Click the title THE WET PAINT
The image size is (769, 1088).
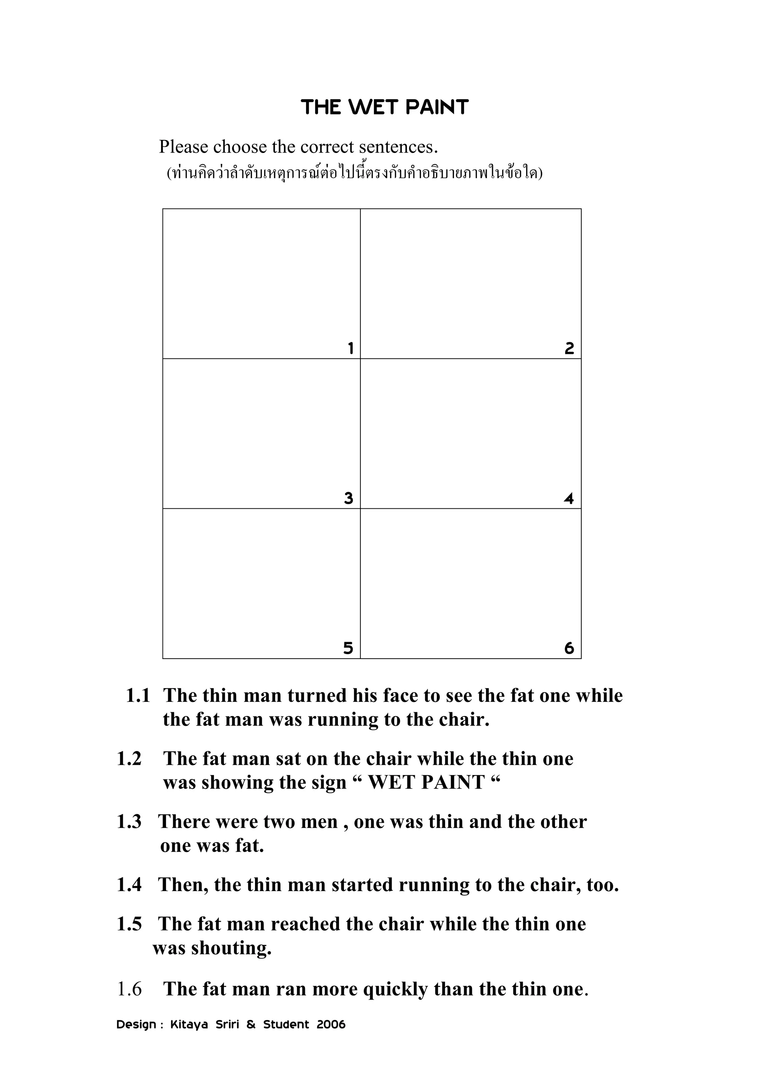384,107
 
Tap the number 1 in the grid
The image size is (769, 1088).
350,349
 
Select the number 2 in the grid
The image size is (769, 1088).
569,349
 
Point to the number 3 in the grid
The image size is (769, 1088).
348,499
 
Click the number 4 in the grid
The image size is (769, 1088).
569,499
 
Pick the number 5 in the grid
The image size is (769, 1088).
348,648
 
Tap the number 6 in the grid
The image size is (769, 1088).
569,648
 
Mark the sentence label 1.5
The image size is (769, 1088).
129,925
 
